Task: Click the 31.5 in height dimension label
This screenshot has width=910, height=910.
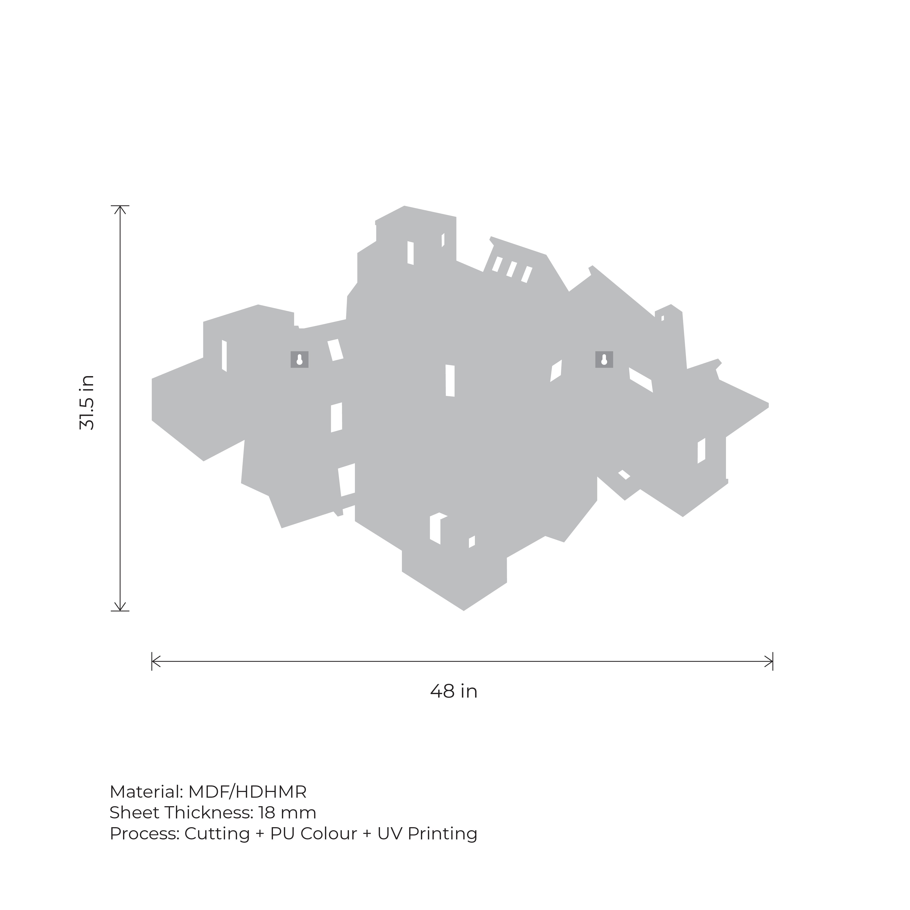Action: pyautogui.click(x=87, y=403)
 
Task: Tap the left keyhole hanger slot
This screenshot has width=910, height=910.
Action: pyautogui.click(x=300, y=359)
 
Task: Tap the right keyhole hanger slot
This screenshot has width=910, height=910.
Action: pyautogui.click(x=604, y=359)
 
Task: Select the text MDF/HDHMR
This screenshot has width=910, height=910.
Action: pyautogui.click(x=247, y=792)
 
